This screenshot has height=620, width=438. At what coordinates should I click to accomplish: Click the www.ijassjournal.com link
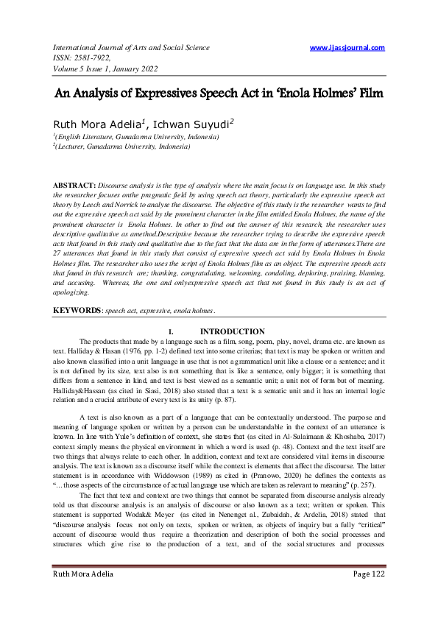click(x=347, y=48)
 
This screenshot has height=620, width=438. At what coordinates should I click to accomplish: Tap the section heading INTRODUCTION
click(x=233, y=332)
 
